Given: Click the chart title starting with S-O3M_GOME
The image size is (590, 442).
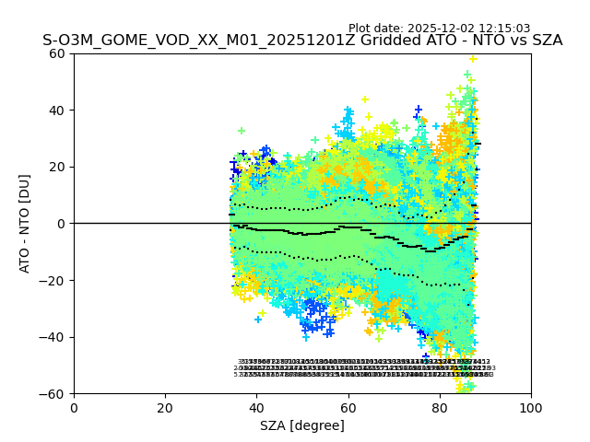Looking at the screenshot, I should pyautogui.click(x=302, y=41).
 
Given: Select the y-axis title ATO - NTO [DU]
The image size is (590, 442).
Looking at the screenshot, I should pyautogui.click(x=25, y=223).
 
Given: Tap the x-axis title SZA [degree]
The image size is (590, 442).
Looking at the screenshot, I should pyautogui.click(x=302, y=425).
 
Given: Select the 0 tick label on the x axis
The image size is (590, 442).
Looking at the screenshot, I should pyautogui.click(x=74, y=408).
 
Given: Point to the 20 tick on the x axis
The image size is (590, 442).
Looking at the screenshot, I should pyautogui.click(x=165, y=408).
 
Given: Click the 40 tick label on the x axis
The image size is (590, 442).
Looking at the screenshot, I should pyautogui.click(x=256, y=408).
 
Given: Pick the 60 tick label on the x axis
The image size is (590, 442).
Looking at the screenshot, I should pyautogui.click(x=348, y=408).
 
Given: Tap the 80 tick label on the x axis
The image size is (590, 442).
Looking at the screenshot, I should pyautogui.click(x=440, y=408).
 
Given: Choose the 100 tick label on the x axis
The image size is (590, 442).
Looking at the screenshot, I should pyautogui.click(x=531, y=408).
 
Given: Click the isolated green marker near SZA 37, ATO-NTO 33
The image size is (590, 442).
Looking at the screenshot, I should pyautogui.click(x=242, y=131).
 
